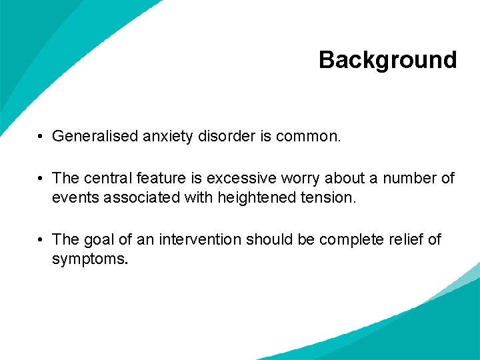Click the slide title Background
coord(387,60)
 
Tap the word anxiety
coord(166,137)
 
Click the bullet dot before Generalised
coord(41,137)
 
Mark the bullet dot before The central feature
coord(41,179)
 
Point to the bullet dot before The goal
coord(41,240)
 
